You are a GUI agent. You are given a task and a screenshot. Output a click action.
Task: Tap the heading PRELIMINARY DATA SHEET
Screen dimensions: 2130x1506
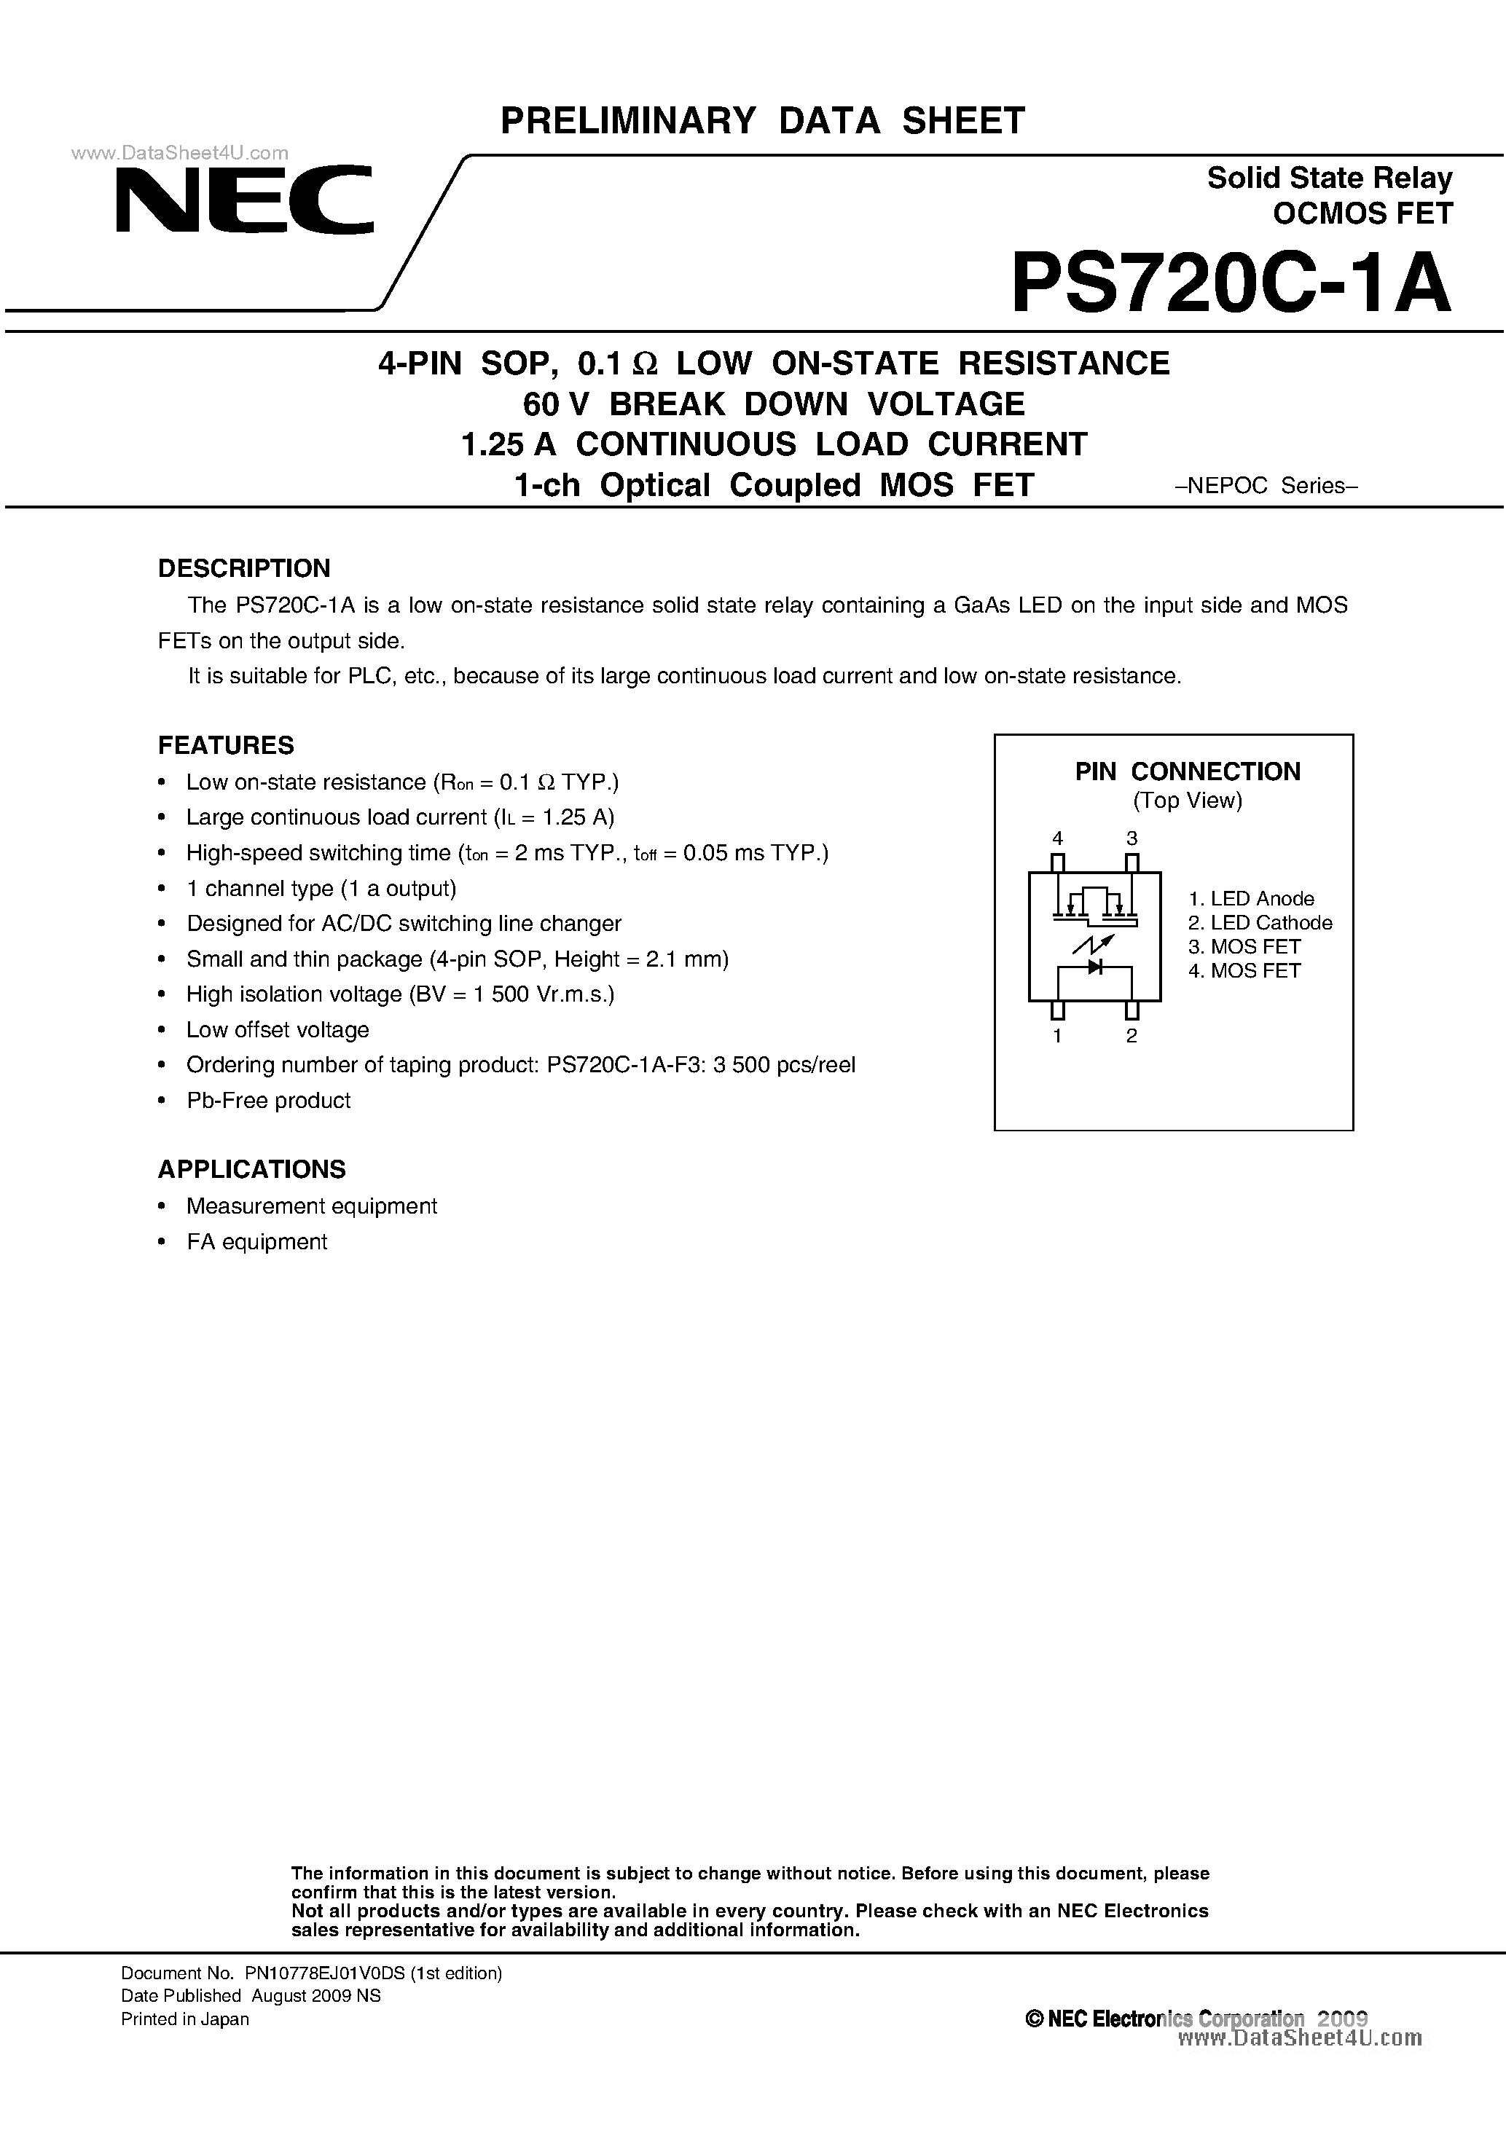point(762,122)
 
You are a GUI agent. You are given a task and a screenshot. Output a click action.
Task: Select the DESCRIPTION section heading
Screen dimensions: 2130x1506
point(244,567)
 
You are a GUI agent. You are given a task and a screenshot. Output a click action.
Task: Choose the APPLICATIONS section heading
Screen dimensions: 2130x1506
point(251,1169)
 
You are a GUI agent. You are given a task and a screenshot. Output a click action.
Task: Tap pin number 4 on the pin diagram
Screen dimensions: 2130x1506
point(1057,838)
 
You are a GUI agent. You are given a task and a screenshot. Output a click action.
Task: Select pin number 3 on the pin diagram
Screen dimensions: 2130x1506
point(1131,838)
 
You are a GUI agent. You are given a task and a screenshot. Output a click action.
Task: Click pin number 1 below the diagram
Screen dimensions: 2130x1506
point(1057,1037)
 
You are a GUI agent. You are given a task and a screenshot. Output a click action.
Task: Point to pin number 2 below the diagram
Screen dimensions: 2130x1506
point(1131,1037)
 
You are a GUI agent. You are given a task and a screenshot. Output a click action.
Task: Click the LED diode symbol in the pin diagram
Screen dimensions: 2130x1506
point(1095,967)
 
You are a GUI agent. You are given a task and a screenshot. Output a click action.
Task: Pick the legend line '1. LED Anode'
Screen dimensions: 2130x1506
point(1251,899)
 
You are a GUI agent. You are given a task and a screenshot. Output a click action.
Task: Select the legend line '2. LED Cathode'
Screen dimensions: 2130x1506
point(1260,923)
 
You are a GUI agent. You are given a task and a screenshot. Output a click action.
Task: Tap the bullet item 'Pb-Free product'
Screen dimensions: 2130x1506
point(268,1100)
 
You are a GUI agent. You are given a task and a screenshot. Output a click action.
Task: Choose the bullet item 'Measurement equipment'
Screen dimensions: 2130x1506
point(311,1206)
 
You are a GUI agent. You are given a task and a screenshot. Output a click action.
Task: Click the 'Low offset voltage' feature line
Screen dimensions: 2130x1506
point(278,1030)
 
